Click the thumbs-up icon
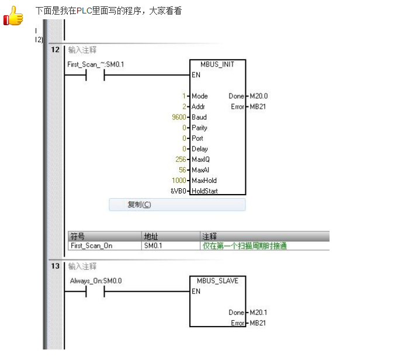pyautogui.click(x=13, y=16)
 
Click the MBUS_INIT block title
pyautogui.click(x=217, y=64)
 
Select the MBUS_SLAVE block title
pyautogui.click(x=217, y=281)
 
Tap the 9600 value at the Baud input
pyautogui.click(x=179, y=117)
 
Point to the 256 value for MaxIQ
pyautogui.click(x=181, y=159)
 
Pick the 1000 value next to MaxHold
pyautogui.click(x=179, y=181)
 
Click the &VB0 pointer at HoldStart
pyautogui.click(x=178, y=191)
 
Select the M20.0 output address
pyautogui.click(x=259, y=96)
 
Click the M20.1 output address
pyautogui.click(x=258, y=313)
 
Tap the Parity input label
pyautogui.click(x=199, y=128)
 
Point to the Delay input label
pyautogui.click(x=200, y=149)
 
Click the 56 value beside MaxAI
pyautogui.click(x=182, y=170)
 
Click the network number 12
pyautogui.click(x=55, y=50)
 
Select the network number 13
pyautogui.click(x=55, y=266)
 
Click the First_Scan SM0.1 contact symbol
pyautogui.click(x=95, y=75)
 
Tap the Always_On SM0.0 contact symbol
pyautogui.click(x=95, y=292)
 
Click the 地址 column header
pyautogui.click(x=151, y=236)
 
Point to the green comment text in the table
pyautogui.click(x=245, y=246)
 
